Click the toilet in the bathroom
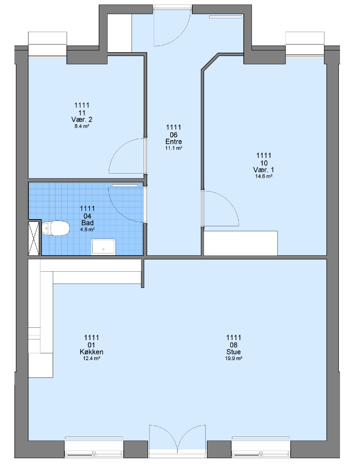(55, 229)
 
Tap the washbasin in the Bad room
(103, 247)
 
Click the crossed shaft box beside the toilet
(34, 239)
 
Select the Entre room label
(174, 141)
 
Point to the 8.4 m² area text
(82, 126)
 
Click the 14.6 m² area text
(263, 176)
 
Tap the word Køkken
(92, 352)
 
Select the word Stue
(234, 352)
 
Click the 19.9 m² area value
(234, 358)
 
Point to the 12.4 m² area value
(92, 358)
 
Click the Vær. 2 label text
(82, 119)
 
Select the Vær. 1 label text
(263, 170)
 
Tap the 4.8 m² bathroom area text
(88, 230)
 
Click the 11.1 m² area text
(174, 148)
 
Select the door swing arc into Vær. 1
(228, 199)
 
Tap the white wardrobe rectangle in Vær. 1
(241, 243)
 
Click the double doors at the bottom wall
(178, 440)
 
